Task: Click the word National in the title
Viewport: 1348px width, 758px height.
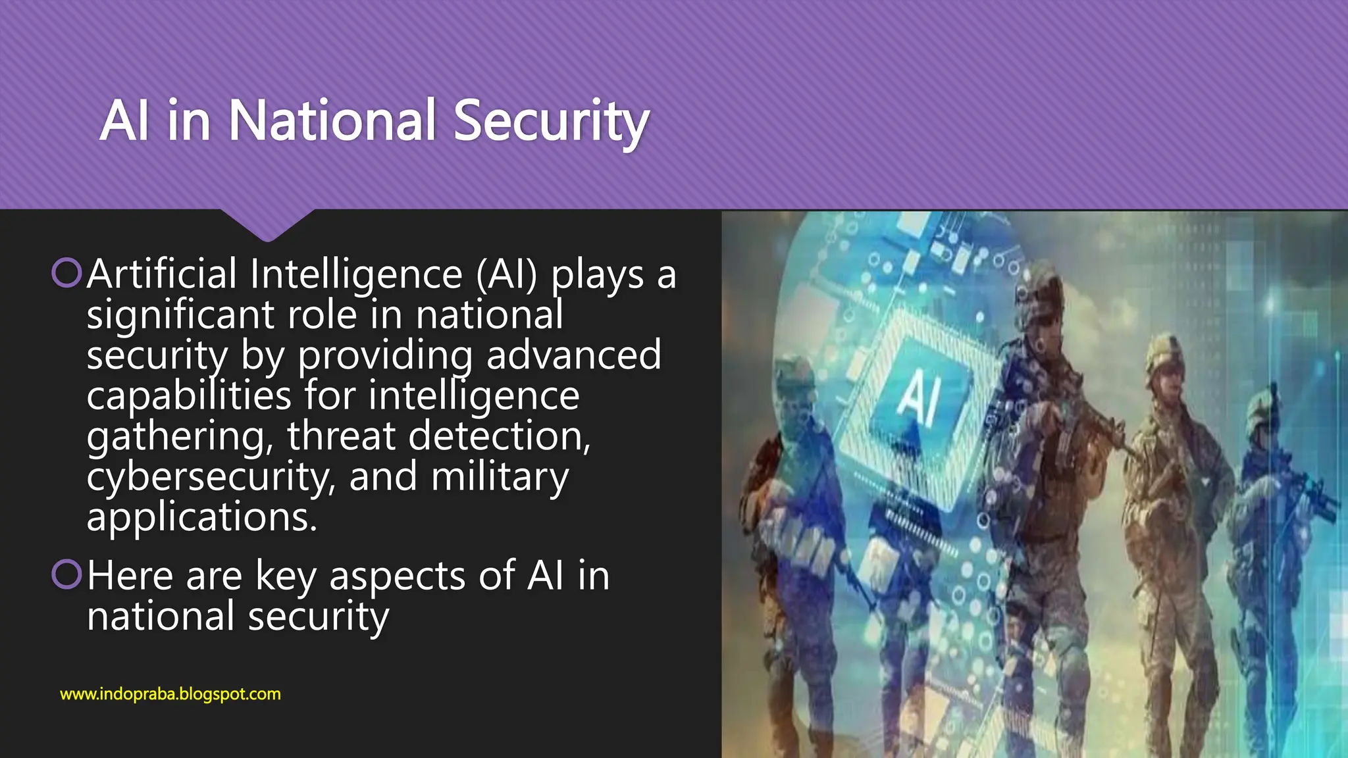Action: point(332,120)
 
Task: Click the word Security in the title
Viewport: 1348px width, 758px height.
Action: point(551,122)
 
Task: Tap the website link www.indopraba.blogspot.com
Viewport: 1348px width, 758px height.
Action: point(170,694)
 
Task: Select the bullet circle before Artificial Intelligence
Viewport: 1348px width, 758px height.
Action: point(66,273)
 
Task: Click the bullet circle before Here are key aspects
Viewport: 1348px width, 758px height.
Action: point(66,574)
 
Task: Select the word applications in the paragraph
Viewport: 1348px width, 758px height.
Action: point(201,517)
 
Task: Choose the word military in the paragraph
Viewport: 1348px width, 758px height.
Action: point(500,477)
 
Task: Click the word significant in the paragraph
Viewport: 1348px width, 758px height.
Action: point(180,315)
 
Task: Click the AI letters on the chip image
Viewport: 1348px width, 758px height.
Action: point(920,396)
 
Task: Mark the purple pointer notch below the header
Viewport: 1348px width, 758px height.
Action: point(267,227)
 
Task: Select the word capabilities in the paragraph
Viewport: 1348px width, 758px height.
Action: point(189,396)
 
